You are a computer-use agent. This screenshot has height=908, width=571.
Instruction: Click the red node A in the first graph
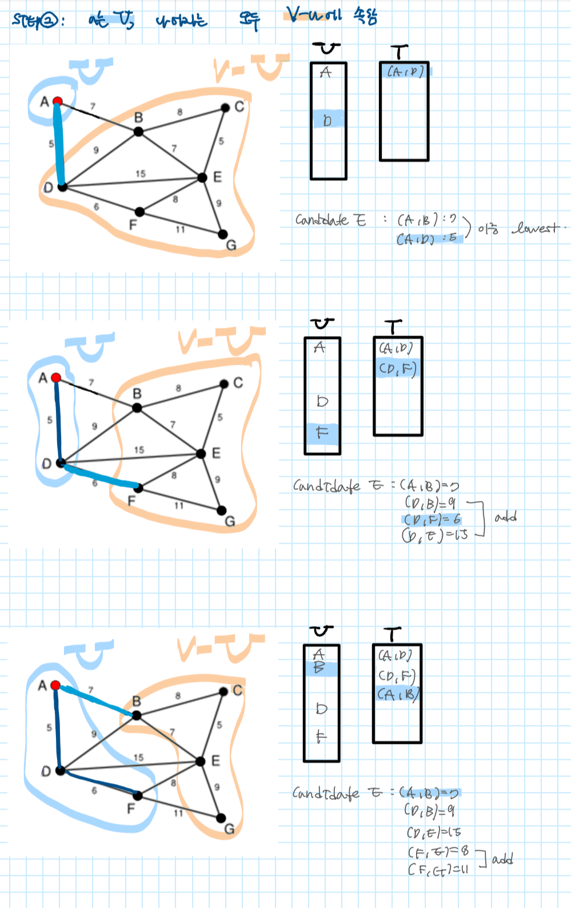pyautogui.click(x=57, y=101)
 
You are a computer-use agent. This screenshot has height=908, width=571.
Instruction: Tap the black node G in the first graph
pyautogui.click(x=223, y=234)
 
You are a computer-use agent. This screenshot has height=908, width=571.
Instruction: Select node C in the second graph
pyautogui.click(x=224, y=384)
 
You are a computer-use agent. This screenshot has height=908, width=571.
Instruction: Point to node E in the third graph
pyautogui.click(x=200, y=761)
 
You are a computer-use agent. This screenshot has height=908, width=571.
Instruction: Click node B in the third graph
pyautogui.click(x=137, y=715)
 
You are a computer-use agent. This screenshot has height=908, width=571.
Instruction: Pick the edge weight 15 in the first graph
pyautogui.click(x=141, y=173)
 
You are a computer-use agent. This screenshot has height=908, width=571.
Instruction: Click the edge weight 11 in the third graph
pyautogui.click(x=178, y=813)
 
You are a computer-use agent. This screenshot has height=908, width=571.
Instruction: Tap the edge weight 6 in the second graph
pyautogui.click(x=95, y=483)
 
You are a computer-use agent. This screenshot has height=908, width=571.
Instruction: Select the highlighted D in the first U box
pyautogui.click(x=328, y=120)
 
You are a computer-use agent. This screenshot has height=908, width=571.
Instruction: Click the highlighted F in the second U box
pyautogui.click(x=322, y=432)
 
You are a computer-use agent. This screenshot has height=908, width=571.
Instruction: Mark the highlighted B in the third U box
pyautogui.click(x=320, y=667)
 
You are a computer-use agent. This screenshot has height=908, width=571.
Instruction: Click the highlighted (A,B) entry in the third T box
pyautogui.click(x=398, y=694)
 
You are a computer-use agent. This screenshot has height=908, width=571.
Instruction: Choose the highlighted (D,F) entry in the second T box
pyautogui.click(x=397, y=369)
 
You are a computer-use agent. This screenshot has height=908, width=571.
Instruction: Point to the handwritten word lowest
pyautogui.click(x=536, y=228)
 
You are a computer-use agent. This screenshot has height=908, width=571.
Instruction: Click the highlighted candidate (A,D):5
pyautogui.click(x=428, y=238)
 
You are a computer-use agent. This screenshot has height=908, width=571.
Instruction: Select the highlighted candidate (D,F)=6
pyautogui.click(x=432, y=520)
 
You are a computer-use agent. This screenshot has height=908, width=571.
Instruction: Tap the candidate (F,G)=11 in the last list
pyautogui.click(x=438, y=870)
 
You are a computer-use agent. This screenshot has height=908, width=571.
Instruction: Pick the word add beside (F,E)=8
pyautogui.click(x=503, y=859)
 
